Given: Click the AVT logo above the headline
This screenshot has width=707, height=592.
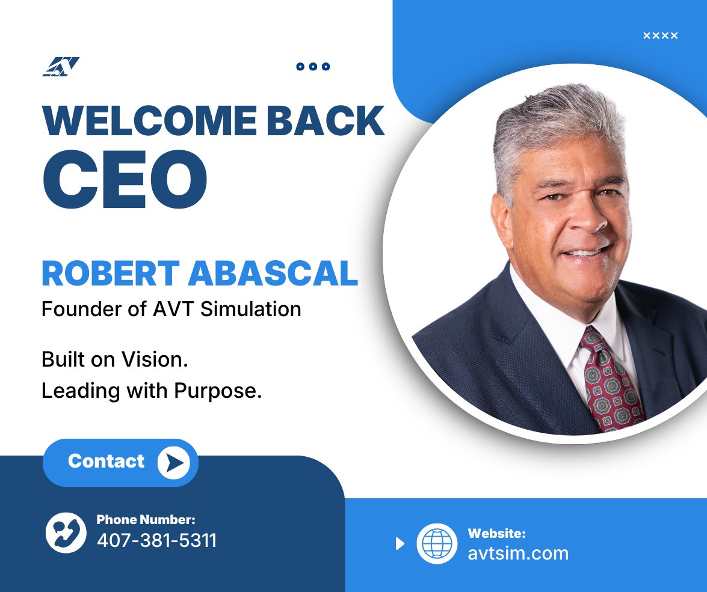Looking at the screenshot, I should tap(61, 67).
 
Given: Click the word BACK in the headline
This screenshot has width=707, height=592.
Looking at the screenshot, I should tap(326, 121).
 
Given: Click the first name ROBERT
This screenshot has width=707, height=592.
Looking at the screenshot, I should tap(110, 273).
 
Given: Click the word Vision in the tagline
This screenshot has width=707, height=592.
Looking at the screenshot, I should tap(159, 359).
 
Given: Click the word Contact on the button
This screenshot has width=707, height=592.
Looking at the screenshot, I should tap(107, 461).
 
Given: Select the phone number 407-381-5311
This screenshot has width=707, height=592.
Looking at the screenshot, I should tap(156, 540).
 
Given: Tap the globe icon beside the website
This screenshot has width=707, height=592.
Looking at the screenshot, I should tap(437, 543).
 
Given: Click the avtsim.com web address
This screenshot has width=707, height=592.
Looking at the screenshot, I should tap(518, 553).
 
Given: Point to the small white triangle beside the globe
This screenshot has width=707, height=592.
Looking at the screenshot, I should tap(400, 544).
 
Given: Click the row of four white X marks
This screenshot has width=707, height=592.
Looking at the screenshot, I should tap(660, 35).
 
